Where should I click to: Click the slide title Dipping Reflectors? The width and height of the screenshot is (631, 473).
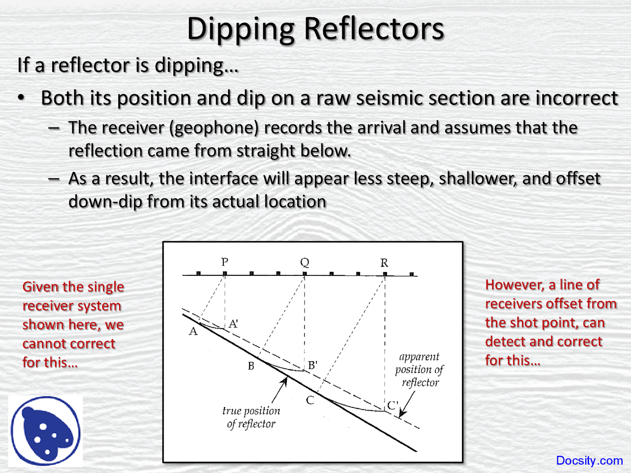315,29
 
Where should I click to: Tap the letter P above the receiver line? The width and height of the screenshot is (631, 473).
225,262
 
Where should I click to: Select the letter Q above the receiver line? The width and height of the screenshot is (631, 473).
305,262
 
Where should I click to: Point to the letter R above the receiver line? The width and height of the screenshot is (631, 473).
385,263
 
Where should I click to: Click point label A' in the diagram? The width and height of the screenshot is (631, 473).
234,324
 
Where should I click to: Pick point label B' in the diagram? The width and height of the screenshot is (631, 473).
313,365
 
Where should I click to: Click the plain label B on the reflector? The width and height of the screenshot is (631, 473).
251,366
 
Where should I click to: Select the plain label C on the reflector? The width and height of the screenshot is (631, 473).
310,400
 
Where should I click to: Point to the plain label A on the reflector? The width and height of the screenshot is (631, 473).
193,332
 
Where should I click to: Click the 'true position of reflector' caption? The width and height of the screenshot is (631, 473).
251,417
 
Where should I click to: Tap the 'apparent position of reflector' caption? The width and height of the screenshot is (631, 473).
420,369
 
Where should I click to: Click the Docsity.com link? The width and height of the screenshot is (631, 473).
589,461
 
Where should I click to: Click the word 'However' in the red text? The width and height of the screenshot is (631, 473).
514,285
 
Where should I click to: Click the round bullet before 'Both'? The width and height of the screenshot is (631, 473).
21,98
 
